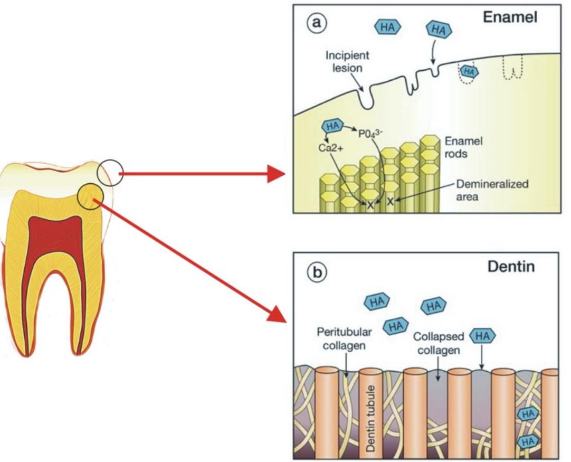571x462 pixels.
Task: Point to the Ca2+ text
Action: point(331,149)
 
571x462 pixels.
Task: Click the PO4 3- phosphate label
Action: point(371,130)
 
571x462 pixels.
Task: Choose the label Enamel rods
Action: point(464,148)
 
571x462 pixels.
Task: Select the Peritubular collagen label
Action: point(344,338)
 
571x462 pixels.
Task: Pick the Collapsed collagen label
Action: point(438,342)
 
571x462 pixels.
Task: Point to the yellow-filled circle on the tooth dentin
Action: point(90,196)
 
